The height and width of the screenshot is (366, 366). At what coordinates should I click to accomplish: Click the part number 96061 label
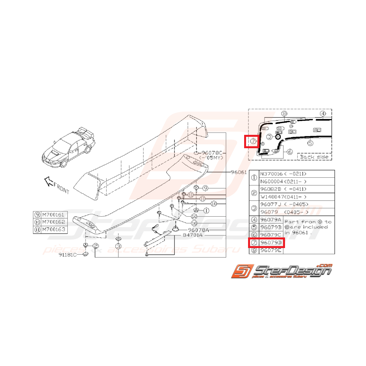(239, 172)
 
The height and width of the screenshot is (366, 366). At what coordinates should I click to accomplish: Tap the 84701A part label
(192, 236)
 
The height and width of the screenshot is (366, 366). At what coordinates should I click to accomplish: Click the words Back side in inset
(315, 156)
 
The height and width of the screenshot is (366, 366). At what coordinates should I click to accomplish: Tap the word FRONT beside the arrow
(62, 189)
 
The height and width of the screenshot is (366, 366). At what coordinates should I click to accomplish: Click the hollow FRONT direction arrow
(48, 181)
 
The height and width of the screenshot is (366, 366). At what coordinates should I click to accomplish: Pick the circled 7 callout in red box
(253, 141)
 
